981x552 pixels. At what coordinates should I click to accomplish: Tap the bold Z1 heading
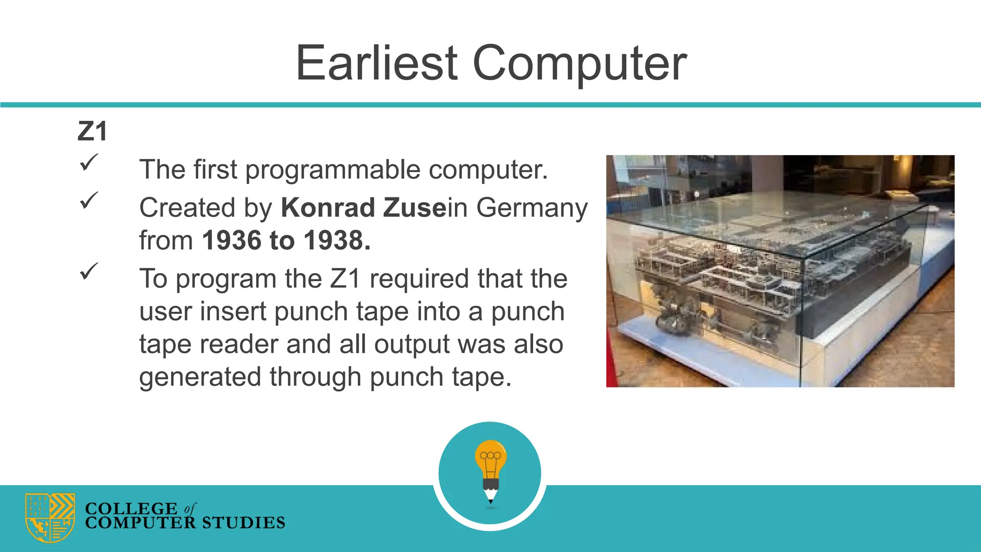point(92,131)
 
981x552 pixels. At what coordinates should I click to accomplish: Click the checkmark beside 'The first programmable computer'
point(89,162)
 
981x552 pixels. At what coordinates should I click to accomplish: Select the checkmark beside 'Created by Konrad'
point(89,200)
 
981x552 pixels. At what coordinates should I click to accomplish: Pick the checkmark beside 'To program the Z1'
point(89,271)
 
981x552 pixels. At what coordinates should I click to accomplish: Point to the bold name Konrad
point(328,208)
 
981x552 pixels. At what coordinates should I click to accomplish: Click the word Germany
point(532,208)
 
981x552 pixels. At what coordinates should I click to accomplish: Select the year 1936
point(232,241)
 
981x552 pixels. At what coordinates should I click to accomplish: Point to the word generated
point(200,377)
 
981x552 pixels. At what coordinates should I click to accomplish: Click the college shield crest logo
point(50,517)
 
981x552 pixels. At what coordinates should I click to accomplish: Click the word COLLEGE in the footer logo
point(131,508)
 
